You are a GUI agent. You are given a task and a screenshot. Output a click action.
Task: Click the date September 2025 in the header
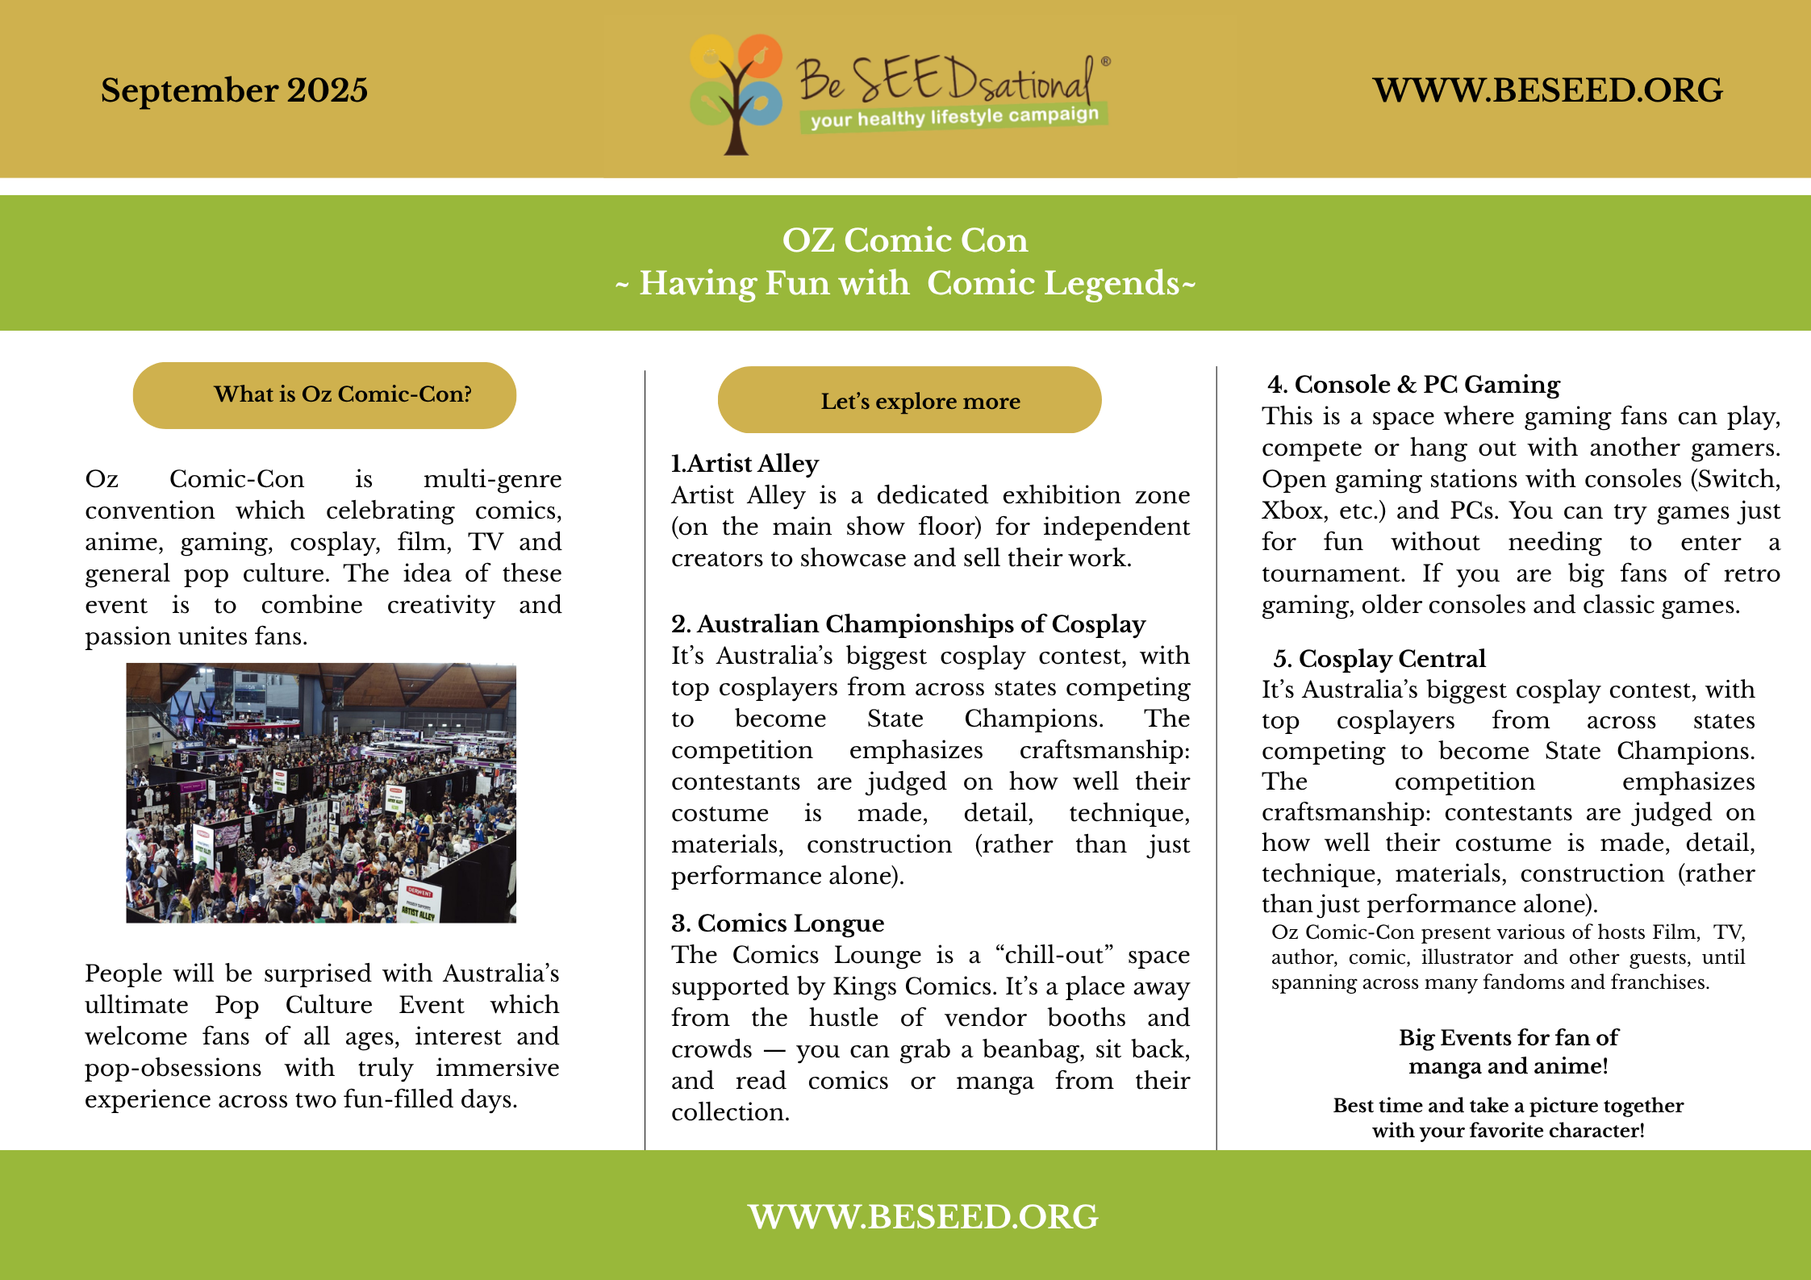click(x=234, y=90)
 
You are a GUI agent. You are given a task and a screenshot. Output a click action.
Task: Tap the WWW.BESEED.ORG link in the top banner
click(x=1547, y=90)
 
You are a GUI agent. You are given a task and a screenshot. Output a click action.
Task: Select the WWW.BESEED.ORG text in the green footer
click(x=922, y=1216)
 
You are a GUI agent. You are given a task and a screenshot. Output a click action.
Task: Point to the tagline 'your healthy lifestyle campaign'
click(x=954, y=118)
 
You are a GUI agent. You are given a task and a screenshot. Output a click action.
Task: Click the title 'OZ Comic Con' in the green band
click(x=905, y=240)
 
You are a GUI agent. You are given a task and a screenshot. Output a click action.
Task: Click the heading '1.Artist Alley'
click(x=745, y=464)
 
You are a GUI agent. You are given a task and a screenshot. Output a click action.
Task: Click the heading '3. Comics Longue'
click(x=778, y=924)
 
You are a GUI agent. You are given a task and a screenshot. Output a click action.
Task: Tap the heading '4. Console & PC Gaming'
click(x=1413, y=385)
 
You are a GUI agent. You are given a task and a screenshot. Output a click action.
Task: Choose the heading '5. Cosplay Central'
click(x=1379, y=659)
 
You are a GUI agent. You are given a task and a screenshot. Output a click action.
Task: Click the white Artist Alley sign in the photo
click(x=419, y=900)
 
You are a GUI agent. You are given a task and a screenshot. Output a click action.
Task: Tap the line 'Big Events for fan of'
click(x=1508, y=1037)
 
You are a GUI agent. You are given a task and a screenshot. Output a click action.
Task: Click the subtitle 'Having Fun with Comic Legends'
click(x=905, y=284)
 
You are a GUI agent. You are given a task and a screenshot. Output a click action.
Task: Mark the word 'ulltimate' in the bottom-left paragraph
click(x=136, y=1005)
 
